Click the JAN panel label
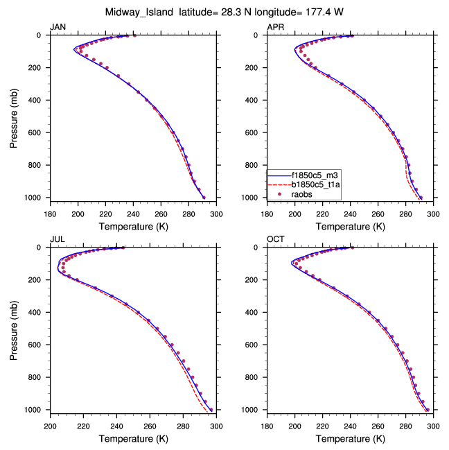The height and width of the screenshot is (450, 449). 58,27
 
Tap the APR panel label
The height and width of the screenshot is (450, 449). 275,27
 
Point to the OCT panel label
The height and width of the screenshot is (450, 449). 275,239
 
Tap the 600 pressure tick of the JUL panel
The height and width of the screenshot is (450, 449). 38,345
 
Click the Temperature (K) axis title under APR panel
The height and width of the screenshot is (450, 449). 350,226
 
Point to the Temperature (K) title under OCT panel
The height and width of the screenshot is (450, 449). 350,438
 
